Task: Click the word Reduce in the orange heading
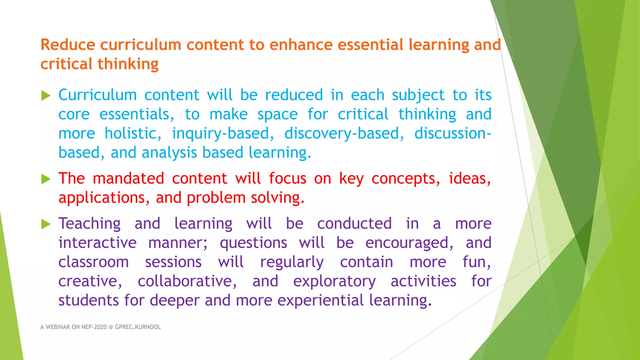point(67,45)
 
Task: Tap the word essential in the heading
point(371,45)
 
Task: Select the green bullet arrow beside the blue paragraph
point(46,96)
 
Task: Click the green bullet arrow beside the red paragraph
point(46,179)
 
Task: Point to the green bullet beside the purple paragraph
point(46,224)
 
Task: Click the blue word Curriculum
point(97,95)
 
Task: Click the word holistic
point(133,134)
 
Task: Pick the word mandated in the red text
point(128,178)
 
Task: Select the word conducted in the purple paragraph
point(354,224)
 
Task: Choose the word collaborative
point(187,281)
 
